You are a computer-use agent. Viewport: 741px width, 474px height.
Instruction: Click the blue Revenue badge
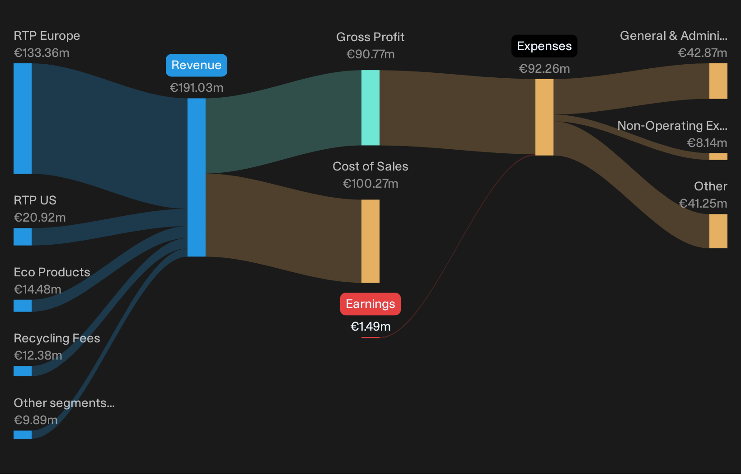click(x=197, y=65)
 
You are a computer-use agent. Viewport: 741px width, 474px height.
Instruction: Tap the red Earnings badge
click(x=370, y=304)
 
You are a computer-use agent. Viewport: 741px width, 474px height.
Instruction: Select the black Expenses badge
click(x=544, y=46)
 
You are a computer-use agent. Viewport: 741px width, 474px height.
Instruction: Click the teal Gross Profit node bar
click(x=370, y=108)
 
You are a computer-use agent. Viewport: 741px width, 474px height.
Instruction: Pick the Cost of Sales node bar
click(x=370, y=241)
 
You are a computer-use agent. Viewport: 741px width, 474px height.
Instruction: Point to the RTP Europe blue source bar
click(x=23, y=118)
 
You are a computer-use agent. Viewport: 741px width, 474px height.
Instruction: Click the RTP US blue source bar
click(x=23, y=237)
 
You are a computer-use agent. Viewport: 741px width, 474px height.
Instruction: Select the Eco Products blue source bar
click(x=23, y=306)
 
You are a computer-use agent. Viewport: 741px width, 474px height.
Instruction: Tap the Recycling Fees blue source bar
click(x=23, y=371)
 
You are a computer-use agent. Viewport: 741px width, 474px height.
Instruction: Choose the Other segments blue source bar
click(x=23, y=435)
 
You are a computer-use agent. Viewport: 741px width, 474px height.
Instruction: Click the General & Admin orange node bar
click(x=718, y=81)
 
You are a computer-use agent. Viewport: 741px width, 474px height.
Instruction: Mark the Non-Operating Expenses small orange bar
click(x=718, y=156)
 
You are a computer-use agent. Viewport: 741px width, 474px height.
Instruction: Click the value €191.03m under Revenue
click(x=197, y=88)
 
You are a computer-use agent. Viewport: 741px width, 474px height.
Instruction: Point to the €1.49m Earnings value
click(x=370, y=327)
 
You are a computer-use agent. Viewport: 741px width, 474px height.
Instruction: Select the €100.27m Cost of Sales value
click(x=370, y=184)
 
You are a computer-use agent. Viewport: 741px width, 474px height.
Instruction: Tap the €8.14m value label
click(x=707, y=143)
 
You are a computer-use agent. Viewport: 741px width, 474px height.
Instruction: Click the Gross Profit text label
click(x=370, y=37)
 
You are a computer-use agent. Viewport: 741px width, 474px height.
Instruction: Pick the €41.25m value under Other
click(x=703, y=204)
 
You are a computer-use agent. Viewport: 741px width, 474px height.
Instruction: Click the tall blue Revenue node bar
click(x=197, y=177)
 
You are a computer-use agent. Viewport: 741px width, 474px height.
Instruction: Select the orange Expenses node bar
click(x=544, y=117)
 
